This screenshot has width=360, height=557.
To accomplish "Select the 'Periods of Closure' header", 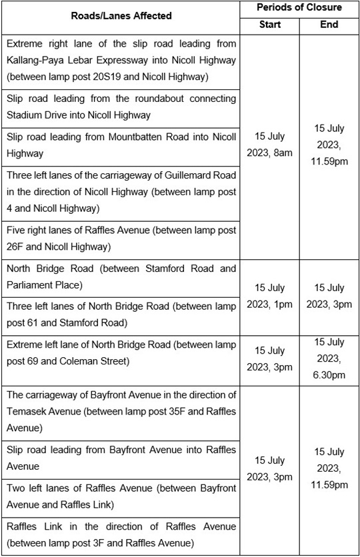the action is (x=299, y=7).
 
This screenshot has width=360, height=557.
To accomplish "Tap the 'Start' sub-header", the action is (x=269, y=25).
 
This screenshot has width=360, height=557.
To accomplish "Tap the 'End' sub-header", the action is (x=329, y=25).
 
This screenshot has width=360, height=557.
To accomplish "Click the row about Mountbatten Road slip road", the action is (x=121, y=145).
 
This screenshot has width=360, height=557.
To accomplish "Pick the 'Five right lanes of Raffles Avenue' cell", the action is (x=121, y=239).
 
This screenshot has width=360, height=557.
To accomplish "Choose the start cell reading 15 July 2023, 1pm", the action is (x=269, y=296).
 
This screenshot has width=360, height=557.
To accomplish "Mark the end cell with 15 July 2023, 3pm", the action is (x=329, y=296).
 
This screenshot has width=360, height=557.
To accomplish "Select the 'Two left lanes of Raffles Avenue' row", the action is (x=121, y=496).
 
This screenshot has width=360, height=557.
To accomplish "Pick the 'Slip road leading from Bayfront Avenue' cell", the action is (x=121, y=458).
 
